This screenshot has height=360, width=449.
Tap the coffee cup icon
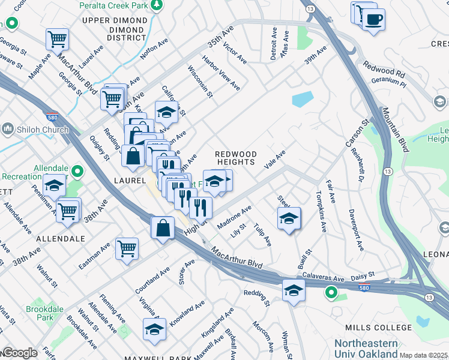click(x=373, y=20)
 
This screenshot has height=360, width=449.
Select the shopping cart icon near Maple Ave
click(x=57, y=40)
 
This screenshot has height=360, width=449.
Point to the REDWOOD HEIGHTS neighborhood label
click(x=236, y=159)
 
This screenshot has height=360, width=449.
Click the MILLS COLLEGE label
click(x=378, y=328)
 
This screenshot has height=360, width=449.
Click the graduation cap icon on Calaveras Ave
click(x=294, y=291)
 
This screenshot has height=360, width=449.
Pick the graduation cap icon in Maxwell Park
click(x=154, y=329)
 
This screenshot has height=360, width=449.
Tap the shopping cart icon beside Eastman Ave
click(x=127, y=248)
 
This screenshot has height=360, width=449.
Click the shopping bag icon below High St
click(x=163, y=229)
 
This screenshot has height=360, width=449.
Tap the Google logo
click(x=19, y=353)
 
